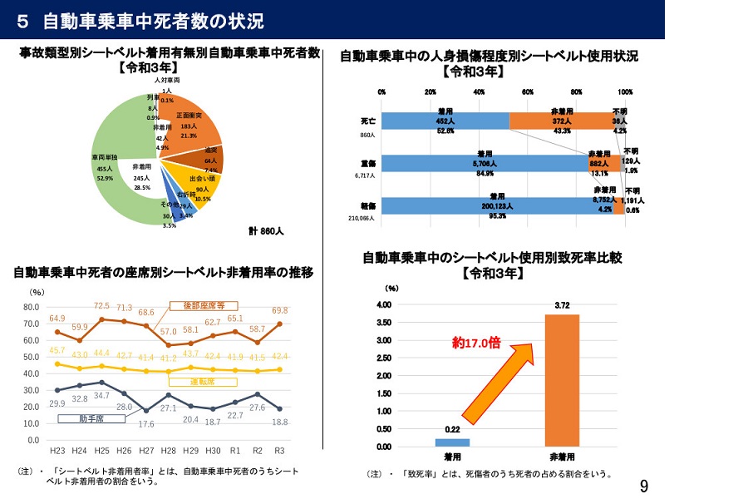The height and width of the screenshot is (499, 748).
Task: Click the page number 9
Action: pos(644,485)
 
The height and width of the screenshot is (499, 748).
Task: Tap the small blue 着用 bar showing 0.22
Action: pos(452,442)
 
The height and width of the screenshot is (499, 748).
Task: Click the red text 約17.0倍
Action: pos(475,343)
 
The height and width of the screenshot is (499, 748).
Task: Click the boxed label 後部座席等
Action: pos(203,306)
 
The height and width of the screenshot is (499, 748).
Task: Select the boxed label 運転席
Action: pos(203,382)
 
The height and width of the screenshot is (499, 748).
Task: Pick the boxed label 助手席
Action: pos(91,419)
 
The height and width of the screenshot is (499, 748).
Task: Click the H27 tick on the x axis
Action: pos(147,450)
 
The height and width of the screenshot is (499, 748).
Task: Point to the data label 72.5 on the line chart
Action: pos(102,306)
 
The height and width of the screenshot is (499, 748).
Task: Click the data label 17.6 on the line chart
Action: pos(146,423)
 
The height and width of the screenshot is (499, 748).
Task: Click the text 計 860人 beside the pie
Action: pos(266,231)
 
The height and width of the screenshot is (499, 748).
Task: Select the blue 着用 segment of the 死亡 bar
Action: pos(445,121)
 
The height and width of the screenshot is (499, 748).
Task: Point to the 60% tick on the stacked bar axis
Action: pos(528,92)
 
